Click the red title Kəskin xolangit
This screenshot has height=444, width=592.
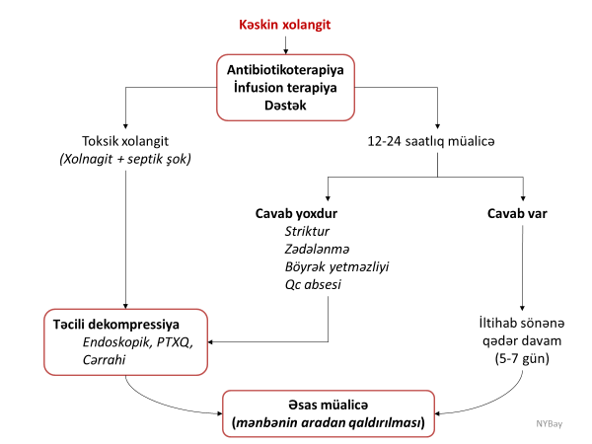[x=283, y=23]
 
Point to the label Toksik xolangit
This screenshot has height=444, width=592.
[x=125, y=140]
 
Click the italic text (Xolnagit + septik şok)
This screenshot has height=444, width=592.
[x=125, y=158]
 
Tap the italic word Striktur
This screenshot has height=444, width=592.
[x=307, y=231]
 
